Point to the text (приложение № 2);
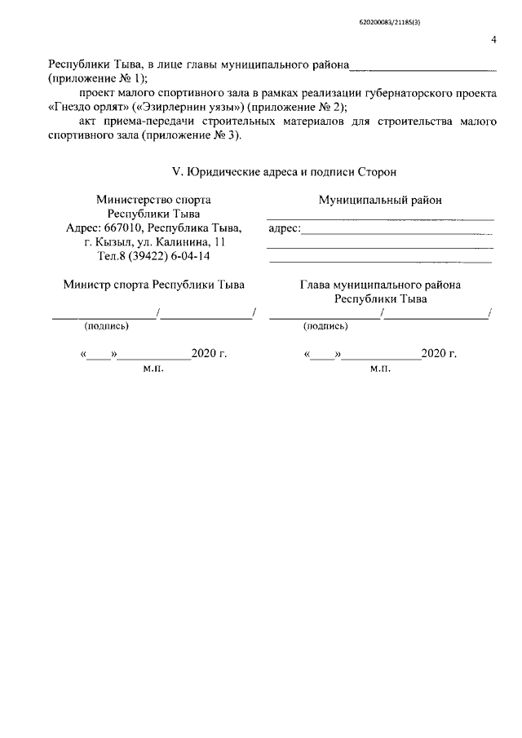[x=299, y=107]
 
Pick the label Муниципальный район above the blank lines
[x=380, y=200]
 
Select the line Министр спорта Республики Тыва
[x=153, y=285]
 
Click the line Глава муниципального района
[x=380, y=285]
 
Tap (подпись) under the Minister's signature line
[x=107, y=326]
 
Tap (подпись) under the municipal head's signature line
[x=325, y=326]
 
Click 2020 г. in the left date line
[x=209, y=355]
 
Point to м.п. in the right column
[x=380, y=369]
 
